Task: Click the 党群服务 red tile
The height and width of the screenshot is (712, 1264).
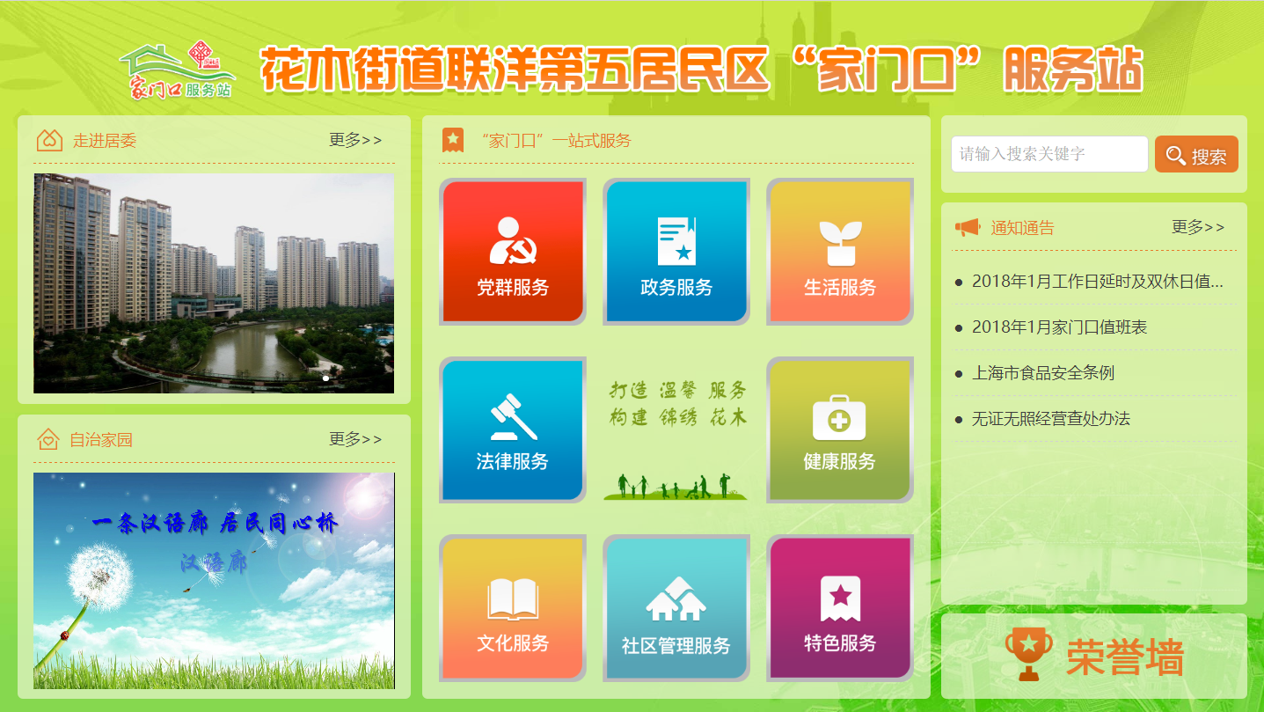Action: point(512,251)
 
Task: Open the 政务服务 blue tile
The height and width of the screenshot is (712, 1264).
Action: point(676,251)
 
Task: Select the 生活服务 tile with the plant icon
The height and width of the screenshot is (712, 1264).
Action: point(840,251)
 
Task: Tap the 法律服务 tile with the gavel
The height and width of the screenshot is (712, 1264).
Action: point(512,429)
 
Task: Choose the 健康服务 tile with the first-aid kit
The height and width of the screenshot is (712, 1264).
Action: point(840,429)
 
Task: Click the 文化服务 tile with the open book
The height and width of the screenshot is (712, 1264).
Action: point(512,608)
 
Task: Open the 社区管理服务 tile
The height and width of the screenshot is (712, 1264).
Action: point(676,608)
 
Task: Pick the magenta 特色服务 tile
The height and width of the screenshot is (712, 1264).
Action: point(840,608)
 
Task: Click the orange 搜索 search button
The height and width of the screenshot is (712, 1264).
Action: point(1196,154)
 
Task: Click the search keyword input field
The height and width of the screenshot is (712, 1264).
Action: point(1049,154)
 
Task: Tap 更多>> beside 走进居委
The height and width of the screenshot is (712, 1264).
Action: point(355,140)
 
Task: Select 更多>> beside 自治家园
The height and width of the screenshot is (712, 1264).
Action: point(355,439)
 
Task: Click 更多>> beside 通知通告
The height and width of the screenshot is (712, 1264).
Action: point(1198,227)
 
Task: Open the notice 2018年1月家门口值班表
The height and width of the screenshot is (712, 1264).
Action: point(1059,327)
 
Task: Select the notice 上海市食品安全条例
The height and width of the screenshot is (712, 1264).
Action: point(1043,372)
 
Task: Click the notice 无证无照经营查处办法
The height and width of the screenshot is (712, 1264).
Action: point(1051,418)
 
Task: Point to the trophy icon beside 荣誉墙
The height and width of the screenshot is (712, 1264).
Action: point(1028,654)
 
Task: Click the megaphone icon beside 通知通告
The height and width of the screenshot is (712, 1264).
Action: point(968,228)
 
